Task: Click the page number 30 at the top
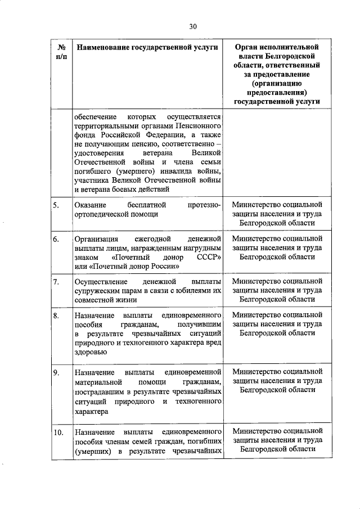[193, 26]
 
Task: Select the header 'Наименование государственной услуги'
[147, 48]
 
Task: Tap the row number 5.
[56, 205]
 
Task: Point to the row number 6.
[56, 239]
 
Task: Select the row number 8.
[56, 316]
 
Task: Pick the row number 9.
[56, 372]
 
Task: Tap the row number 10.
[58, 433]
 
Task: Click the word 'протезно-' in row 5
[205, 205]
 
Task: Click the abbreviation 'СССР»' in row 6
[208, 257]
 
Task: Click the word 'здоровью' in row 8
[90, 353]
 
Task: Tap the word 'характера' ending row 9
[91, 411]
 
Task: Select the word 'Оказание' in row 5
[90, 205]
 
